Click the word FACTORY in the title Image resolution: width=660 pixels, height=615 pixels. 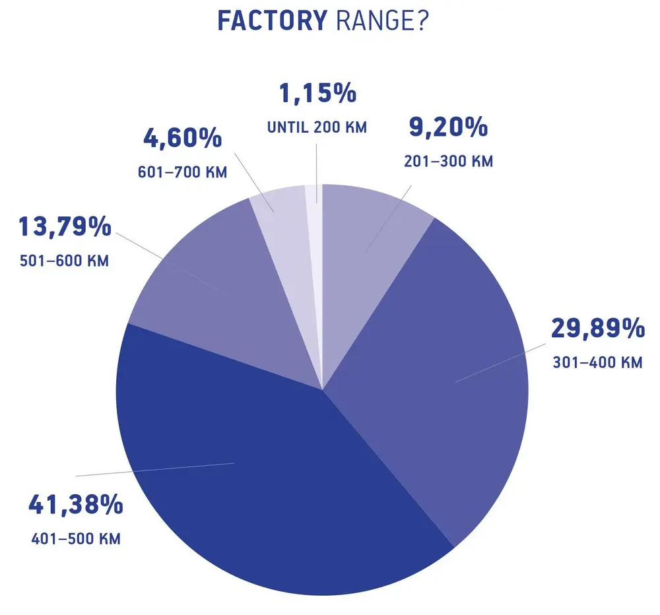pos(272,21)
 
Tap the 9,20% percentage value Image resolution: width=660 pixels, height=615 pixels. pos(448,128)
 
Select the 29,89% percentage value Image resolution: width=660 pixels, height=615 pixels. pos(598,329)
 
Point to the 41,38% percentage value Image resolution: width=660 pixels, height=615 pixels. pos(75,505)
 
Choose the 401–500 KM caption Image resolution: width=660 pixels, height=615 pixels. pos(76,539)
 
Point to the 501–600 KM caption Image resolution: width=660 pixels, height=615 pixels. pos(65,261)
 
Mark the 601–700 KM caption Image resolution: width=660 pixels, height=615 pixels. pos(182,173)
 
